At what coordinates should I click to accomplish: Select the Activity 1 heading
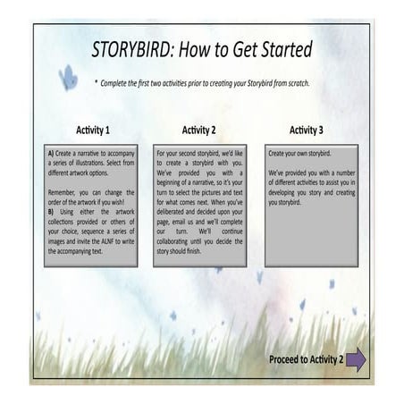(89, 130)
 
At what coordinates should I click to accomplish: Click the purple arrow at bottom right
(356, 360)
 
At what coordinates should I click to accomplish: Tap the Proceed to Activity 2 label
(306, 360)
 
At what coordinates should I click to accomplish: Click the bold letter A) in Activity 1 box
(51, 154)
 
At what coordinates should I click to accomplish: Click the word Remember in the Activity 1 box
(63, 191)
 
